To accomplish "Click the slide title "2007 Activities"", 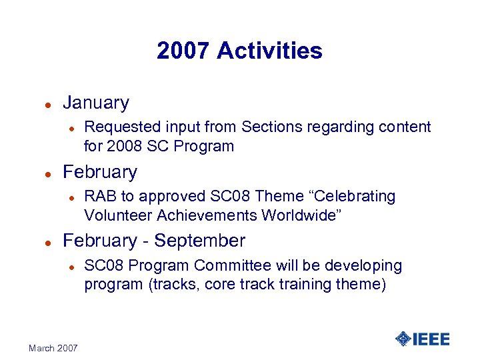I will click(239, 51).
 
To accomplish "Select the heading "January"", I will click(95, 103).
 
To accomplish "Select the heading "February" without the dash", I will click(99, 172).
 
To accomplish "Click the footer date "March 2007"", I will click(53, 348).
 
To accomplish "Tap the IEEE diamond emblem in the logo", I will click(403, 339).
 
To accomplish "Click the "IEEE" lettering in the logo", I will click(431, 339).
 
